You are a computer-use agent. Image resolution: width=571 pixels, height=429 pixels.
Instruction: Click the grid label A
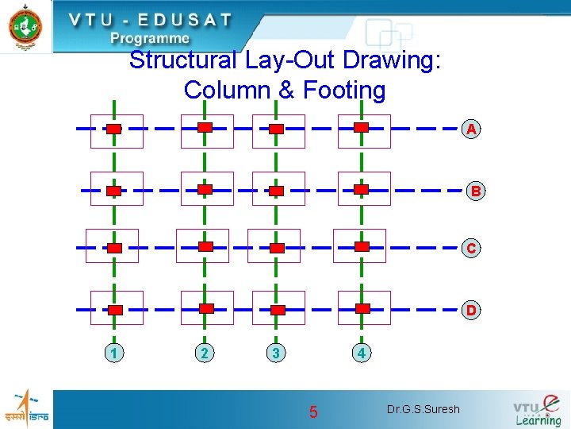tap(472, 129)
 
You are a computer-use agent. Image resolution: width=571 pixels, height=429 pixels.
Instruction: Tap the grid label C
tap(472, 248)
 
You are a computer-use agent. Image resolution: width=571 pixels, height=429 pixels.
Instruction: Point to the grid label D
tap(471, 310)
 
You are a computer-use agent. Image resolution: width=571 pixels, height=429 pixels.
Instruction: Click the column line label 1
tap(115, 353)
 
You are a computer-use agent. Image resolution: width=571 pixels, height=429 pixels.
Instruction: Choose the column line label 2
tap(205, 353)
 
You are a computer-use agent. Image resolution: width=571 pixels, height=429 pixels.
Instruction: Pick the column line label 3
tap(274, 353)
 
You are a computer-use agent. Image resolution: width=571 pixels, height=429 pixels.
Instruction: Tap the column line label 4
tap(361, 353)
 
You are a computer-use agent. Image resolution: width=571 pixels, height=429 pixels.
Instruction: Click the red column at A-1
tap(114, 129)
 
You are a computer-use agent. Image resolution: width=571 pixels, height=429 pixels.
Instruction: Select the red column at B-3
tap(276, 191)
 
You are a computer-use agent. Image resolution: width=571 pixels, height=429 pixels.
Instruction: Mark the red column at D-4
tap(362, 308)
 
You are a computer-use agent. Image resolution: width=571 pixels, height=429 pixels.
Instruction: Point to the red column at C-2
tap(205, 247)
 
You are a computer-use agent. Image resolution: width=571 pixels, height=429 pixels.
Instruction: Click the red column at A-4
tap(362, 127)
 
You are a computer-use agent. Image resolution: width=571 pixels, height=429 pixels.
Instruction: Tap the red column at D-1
tap(115, 310)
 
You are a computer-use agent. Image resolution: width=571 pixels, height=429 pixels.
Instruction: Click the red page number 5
tap(313, 412)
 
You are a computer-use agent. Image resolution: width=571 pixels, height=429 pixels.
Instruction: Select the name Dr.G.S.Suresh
tap(423, 410)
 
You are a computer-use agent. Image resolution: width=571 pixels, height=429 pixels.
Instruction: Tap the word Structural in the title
tap(182, 60)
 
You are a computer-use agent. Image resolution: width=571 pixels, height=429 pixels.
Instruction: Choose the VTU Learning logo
tap(537, 410)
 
